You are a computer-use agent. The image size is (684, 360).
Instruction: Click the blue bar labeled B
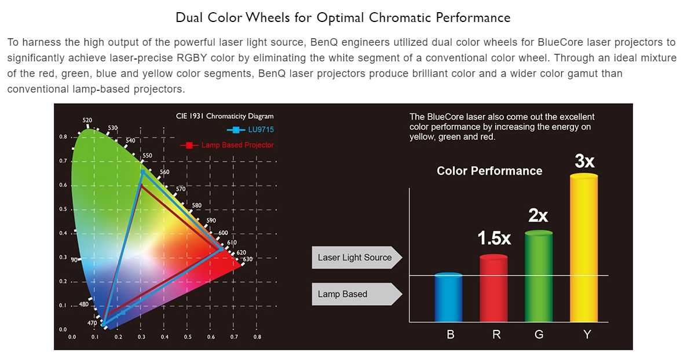pos(448,298)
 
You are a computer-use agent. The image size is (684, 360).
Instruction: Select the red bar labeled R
pos(493,289)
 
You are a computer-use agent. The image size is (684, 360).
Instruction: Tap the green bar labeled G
pos(539,276)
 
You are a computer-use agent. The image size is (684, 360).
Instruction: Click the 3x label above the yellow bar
pos(585,161)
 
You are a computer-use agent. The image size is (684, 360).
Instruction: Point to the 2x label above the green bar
pos(538,216)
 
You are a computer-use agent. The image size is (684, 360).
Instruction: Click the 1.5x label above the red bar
pos(494,238)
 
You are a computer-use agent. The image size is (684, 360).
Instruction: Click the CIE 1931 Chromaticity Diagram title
pos(225,116)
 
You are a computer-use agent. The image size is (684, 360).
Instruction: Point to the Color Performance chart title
pos(489,171)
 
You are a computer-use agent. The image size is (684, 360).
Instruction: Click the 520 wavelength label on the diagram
pos(87,120)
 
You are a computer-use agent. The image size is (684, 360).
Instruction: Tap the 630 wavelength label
pos(247,259)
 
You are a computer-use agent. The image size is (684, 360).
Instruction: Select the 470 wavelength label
pos(92,323)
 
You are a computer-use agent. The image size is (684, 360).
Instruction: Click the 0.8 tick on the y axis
pos(63,137)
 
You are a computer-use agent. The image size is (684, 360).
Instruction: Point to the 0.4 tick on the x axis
pos(164,336)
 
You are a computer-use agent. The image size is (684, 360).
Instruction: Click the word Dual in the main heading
pos(189,17)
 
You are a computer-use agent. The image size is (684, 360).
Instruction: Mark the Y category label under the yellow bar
pos(587,334)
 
